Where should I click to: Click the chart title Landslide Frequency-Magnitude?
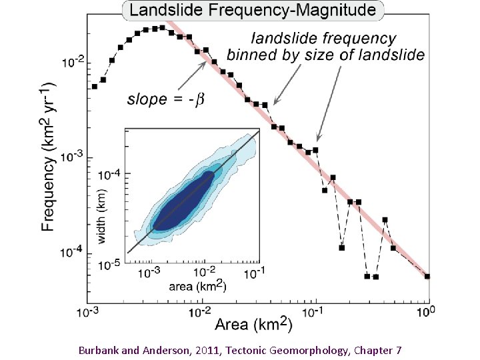253,11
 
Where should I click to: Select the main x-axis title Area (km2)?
253,325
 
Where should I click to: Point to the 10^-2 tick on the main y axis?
73,63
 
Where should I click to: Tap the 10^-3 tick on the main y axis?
73,157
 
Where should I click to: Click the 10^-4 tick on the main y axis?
73,252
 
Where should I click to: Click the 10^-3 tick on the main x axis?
89,311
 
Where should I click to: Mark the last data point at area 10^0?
427,276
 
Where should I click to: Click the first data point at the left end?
95,86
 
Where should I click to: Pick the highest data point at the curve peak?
162,28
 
